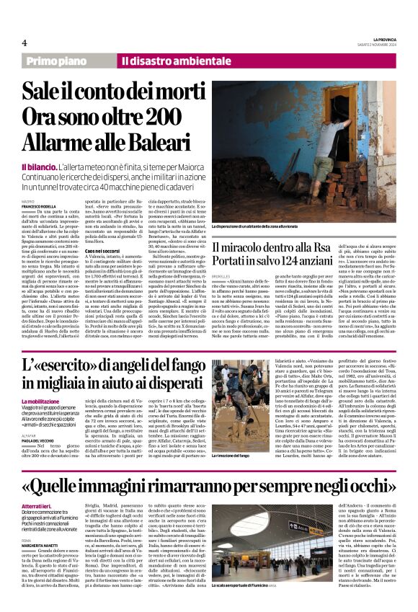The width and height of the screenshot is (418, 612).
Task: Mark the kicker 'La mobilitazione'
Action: click(x=45, y=401)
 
